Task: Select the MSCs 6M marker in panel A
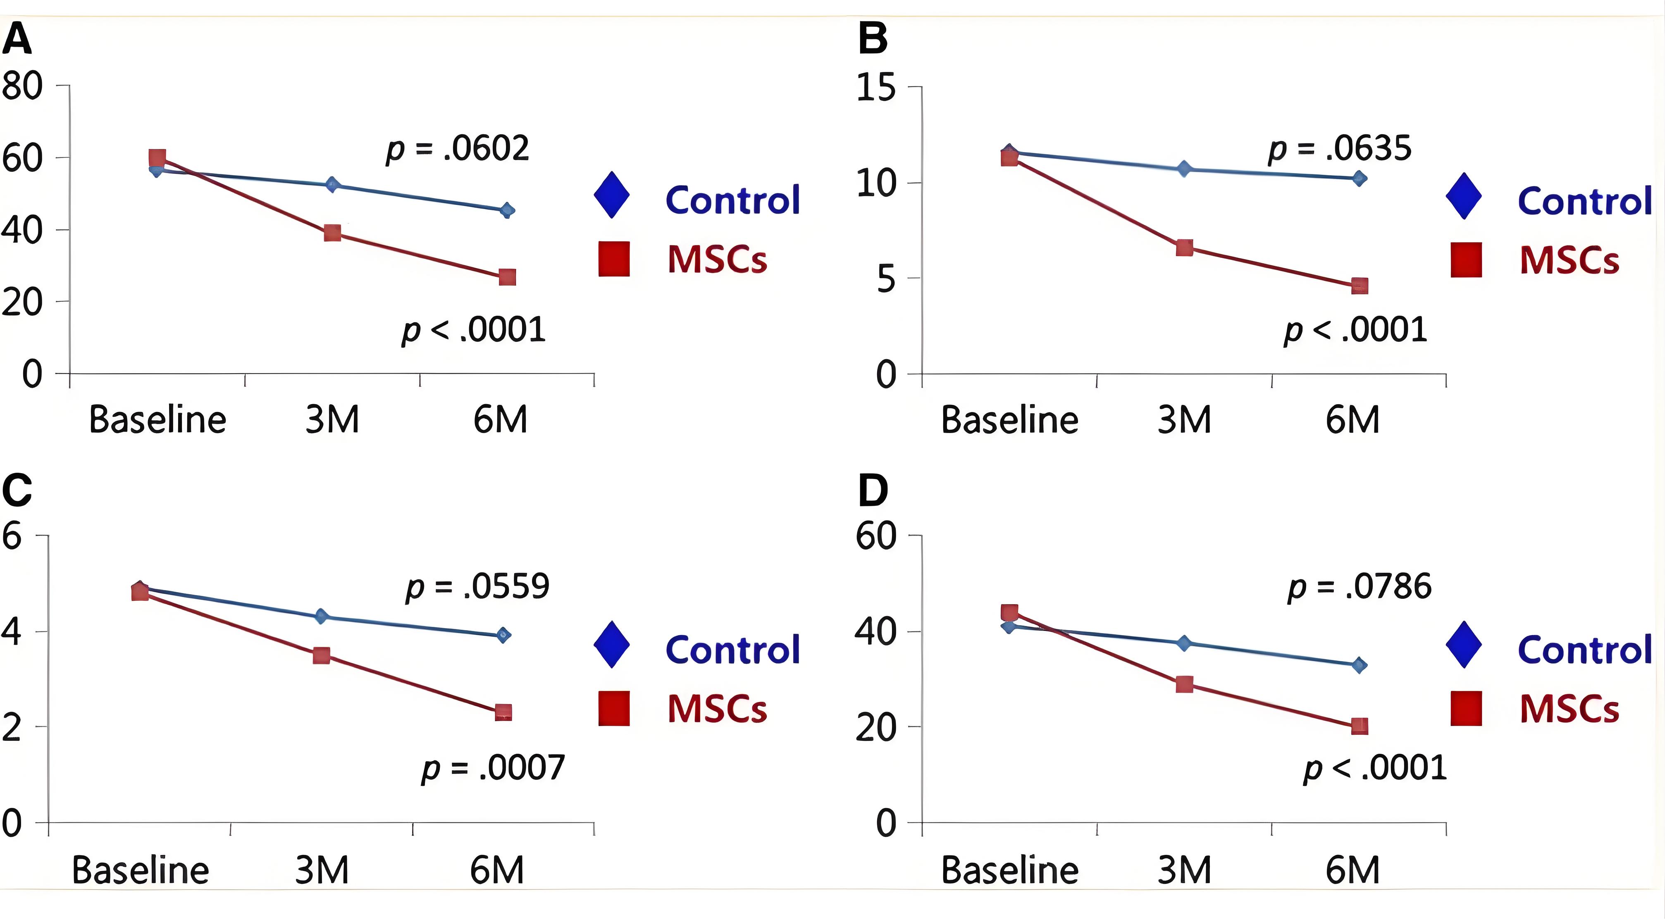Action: (507, 277)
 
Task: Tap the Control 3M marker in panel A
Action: (332, 185)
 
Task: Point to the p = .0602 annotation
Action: (458, 149)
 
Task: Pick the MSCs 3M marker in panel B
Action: (1184, 248)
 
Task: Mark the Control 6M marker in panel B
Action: (1359, 179)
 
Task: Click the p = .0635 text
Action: (1339, 149)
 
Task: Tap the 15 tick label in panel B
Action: (876, 87)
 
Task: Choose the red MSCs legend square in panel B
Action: (1466, 260)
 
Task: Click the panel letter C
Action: (17, 490)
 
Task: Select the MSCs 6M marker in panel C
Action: (503, 712)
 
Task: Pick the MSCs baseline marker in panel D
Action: (1009, 612)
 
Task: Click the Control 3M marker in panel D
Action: (1184, 643)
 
